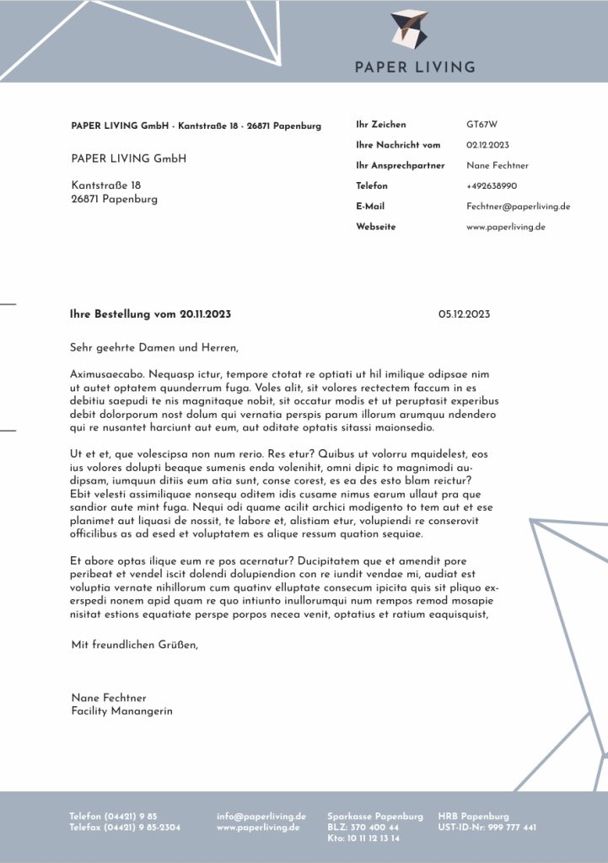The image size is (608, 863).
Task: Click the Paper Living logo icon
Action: click(410, 29)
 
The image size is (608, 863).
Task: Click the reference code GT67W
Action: click(482, 125)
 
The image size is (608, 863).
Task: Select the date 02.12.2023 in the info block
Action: click(487, 145)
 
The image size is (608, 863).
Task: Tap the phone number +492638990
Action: click(492, 185)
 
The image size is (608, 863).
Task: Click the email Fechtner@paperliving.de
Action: click(518, 206)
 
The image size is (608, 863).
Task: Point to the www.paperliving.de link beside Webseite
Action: click(505, 227)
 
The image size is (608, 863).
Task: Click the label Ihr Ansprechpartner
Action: click(400, 165)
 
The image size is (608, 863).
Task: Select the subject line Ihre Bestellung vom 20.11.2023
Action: click(150, 314)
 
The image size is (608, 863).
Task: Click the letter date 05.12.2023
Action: click(464, 314)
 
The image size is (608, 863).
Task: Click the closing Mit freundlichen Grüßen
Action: click(135, 646)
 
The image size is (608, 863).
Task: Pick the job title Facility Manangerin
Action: click(121, 711)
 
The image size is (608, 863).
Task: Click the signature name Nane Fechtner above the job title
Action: click(109, 698)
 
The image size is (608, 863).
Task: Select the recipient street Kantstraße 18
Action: click(106, 185)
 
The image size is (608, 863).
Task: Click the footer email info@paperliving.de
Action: click(261, 817)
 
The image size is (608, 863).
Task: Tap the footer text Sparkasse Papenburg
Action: click(375, 817)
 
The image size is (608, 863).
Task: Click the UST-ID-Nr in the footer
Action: click(487, 828)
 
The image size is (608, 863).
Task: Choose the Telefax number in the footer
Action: click(125, 828)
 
